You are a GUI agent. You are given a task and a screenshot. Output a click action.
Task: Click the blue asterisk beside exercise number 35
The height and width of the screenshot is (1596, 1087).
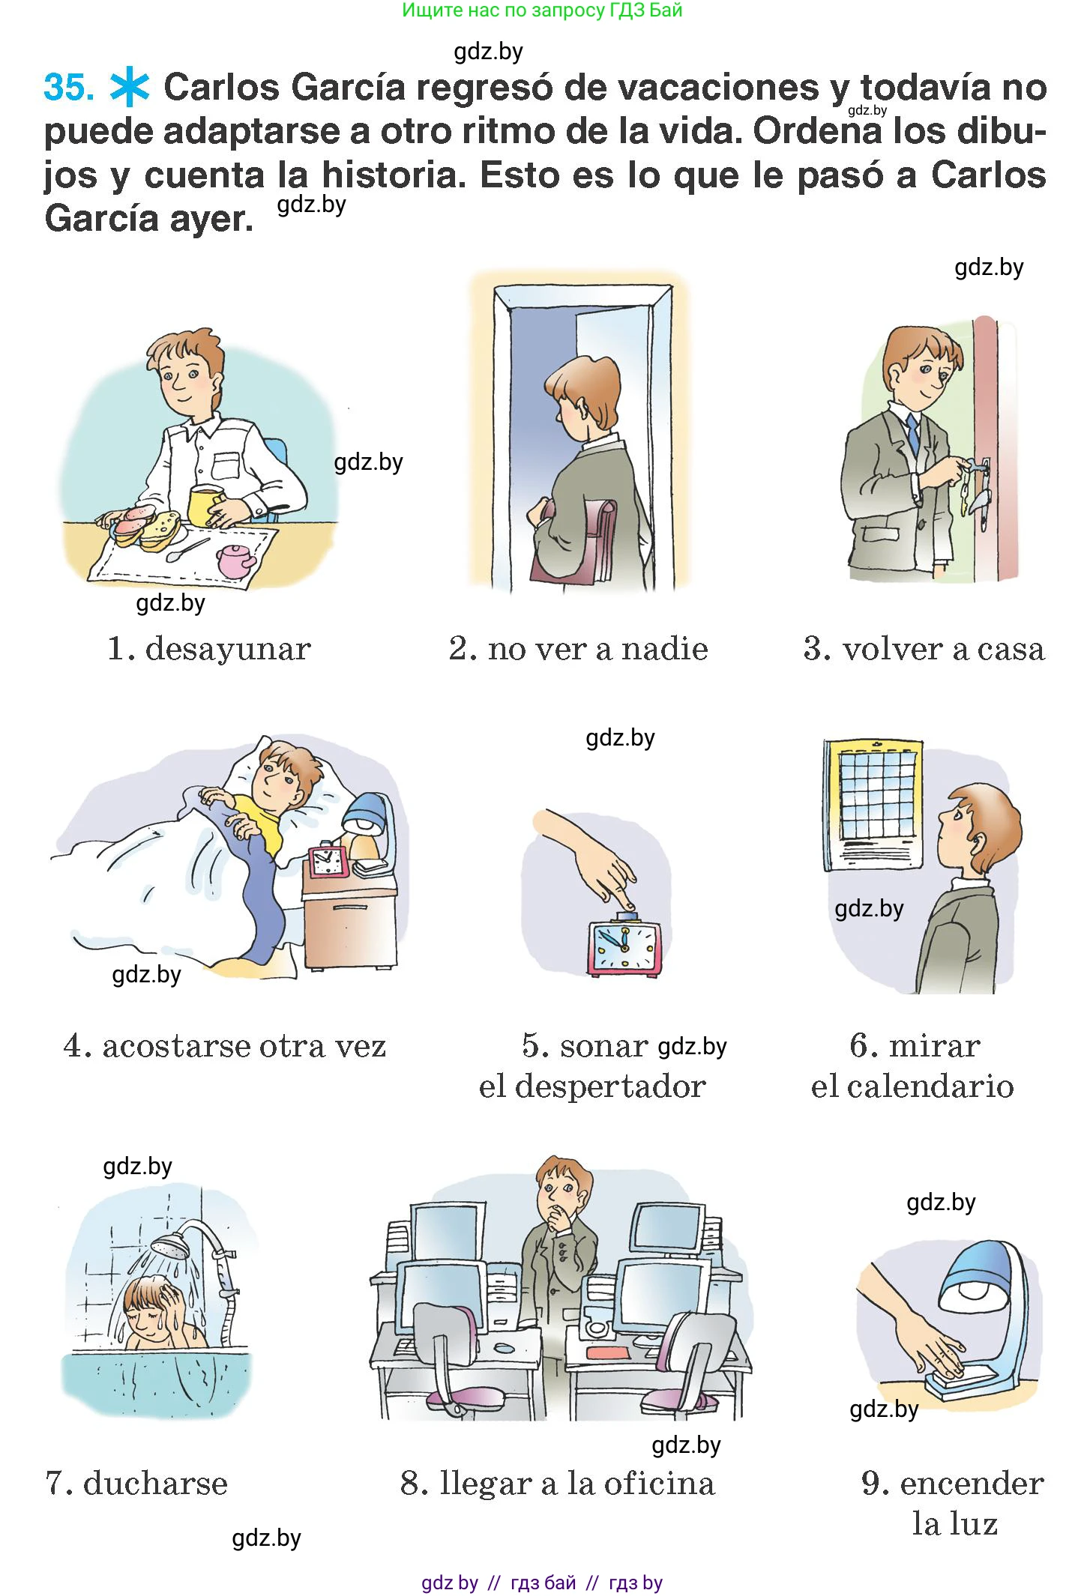(130, 88)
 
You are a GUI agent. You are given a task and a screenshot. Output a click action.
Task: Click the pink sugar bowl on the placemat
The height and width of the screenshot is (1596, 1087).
(235, 560)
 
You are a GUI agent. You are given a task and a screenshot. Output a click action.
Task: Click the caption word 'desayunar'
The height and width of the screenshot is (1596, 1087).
(228, 649)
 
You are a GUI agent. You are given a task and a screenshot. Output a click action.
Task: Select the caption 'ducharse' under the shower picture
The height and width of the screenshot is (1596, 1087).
(155, 1483)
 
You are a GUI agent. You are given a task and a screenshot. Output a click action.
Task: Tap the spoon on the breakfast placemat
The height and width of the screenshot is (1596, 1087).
(187, 550)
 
